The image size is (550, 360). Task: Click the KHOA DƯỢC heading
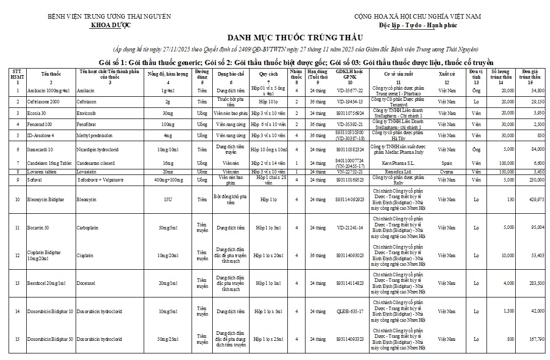point(109,25)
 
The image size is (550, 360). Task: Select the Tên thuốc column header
point(51,74)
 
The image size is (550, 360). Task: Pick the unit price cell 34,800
point(537,90)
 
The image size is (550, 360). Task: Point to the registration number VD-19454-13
point(350,101)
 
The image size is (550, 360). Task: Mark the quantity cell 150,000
point(504,172)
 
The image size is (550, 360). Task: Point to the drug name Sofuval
point(35,179)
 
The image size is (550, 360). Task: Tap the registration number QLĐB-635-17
point(350,311)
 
